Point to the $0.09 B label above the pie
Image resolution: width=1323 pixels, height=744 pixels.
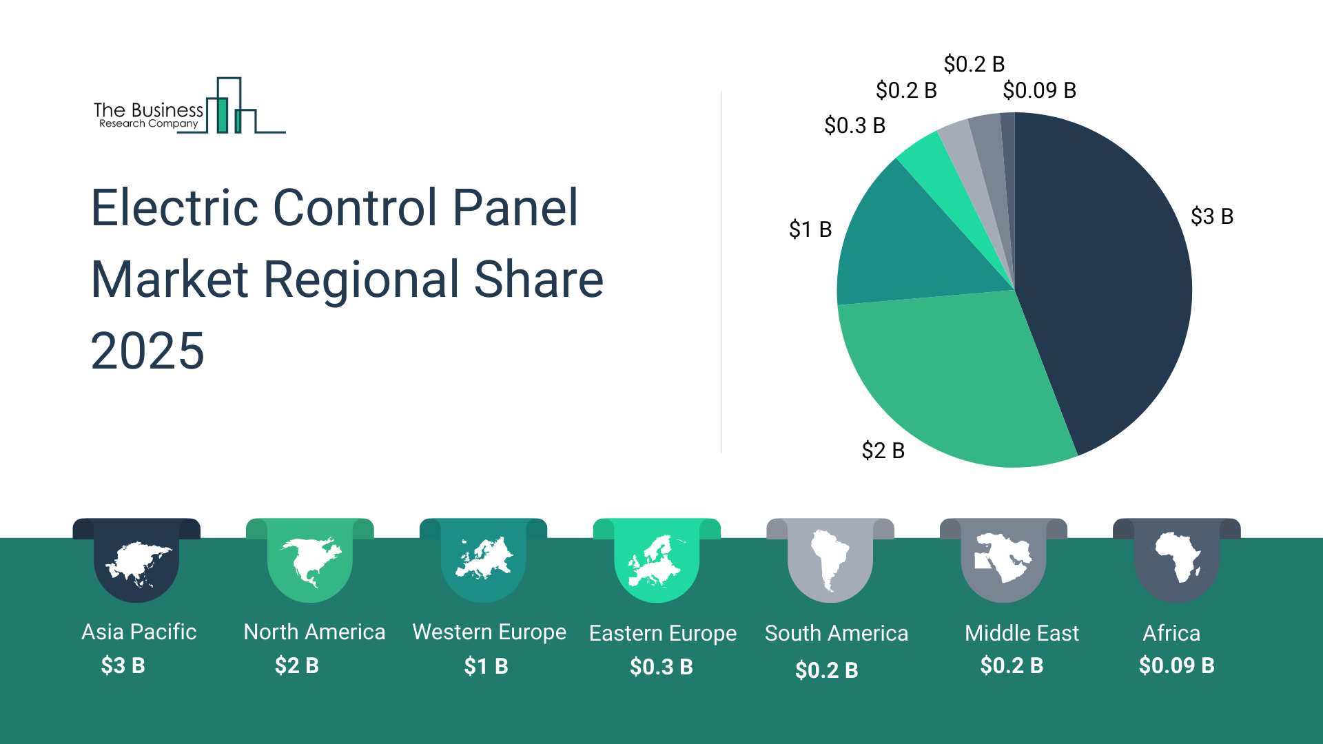point(1039,90)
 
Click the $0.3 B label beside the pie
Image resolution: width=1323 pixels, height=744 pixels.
point(854,125)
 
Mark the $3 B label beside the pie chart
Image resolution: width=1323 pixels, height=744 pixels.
point(1211,216)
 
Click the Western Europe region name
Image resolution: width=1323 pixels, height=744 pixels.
point(489,632)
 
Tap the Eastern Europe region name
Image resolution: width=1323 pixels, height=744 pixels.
point(663,633)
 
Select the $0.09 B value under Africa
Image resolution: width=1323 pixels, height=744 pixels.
point(1176,665)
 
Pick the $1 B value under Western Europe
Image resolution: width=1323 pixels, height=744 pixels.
point(486,666)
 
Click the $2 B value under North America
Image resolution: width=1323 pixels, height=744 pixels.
point(296,665)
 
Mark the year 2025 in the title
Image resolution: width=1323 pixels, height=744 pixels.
point(147,351)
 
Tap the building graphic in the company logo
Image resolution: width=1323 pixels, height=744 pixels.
point(234,107)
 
